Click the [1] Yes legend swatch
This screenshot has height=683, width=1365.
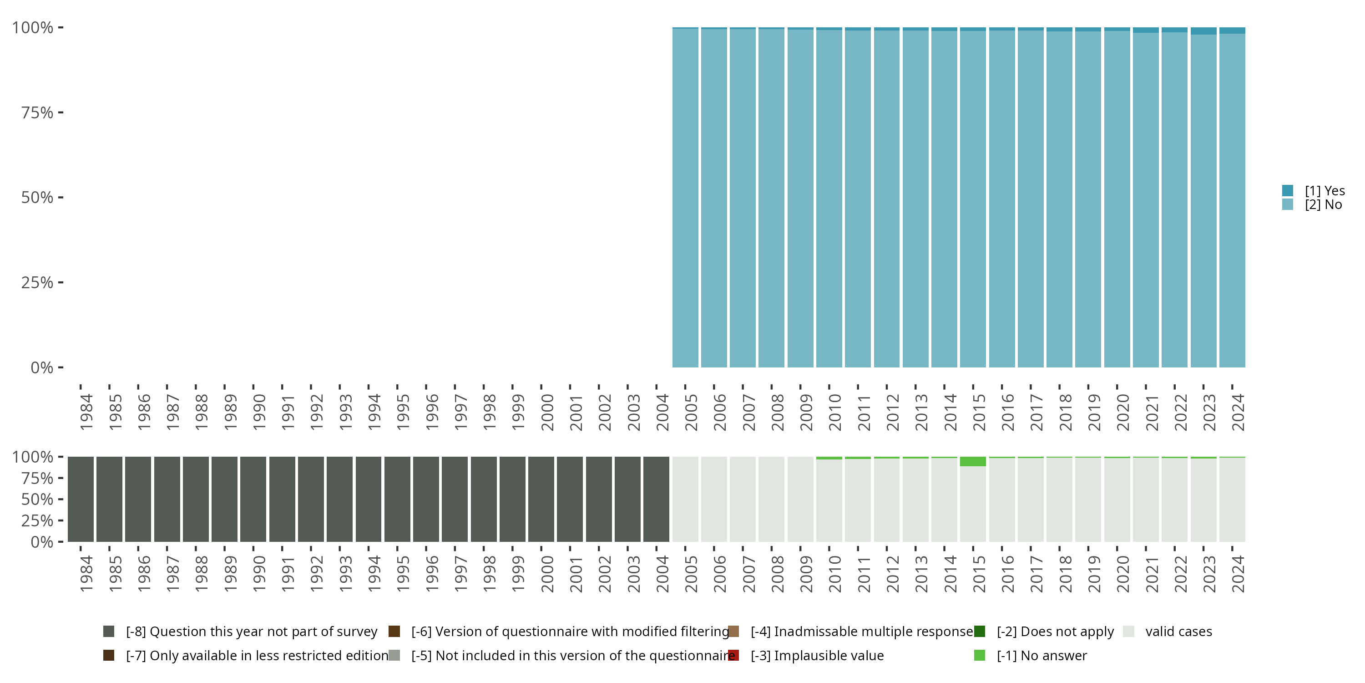(x=1288, y=190)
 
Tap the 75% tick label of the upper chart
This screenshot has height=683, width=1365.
(x=37, y=112)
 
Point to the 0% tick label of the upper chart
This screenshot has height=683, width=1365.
(x=41, y=367)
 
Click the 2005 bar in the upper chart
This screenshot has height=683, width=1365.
(x=685, y=197)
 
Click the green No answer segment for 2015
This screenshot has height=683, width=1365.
(x=973, y=462)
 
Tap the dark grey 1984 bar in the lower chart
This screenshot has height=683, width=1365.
(x=81, y=499)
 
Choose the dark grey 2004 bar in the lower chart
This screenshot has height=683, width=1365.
(x=656, y=499)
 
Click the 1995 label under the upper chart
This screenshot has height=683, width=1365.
(x=403, y=412)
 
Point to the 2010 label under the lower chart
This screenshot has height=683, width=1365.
(x=834, y=574)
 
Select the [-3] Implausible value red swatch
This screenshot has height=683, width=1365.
(x=733, y=655)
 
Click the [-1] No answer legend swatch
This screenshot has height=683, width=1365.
(x=979, y=655)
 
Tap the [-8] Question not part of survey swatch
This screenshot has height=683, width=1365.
(x=109, y=632)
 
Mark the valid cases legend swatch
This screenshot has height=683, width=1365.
(x=1129, y=632)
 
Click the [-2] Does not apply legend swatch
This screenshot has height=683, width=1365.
(x=979, y=632)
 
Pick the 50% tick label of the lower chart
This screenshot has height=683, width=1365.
(x=37, y=499)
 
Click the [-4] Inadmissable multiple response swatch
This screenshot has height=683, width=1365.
(x=733, y=632)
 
